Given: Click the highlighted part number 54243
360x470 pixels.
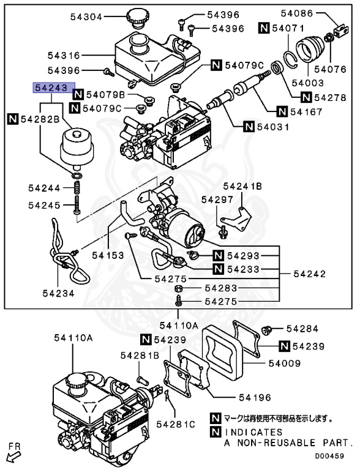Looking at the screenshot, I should [54, 88].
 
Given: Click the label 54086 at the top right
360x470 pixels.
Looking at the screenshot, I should [297, 12].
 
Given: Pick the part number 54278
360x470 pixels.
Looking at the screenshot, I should [331, 97].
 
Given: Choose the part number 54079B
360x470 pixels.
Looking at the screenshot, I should [105, 95].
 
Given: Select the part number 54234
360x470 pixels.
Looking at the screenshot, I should [59, 294].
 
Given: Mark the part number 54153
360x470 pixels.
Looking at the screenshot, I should [109, 255].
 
